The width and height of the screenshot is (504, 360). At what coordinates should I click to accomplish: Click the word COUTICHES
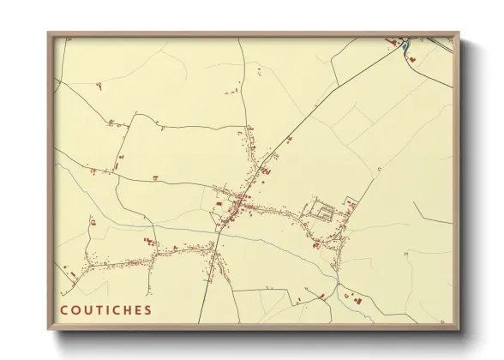pyautogui.click(x=106, y=309)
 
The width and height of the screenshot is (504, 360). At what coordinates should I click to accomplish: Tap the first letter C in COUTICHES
pyautogui.click(x=64, y=309)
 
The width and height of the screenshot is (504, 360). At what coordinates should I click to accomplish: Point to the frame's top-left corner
pyautogui.click(x=48, y=33)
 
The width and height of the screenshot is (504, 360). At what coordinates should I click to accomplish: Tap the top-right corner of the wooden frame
pyautogui.click(x=460, y=33)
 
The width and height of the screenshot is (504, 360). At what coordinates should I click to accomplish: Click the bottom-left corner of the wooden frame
pyautogui.click(x=48, y=330)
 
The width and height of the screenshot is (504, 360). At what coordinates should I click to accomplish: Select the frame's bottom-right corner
pyautogui.click(x=460, y=330)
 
